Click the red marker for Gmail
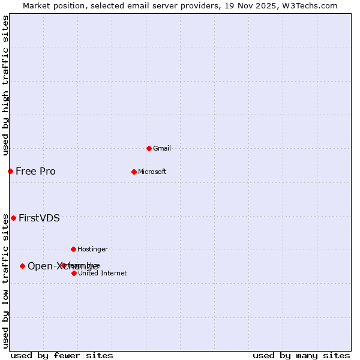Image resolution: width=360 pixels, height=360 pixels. coord(149,148)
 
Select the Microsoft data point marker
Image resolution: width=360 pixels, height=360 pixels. coord(134,172)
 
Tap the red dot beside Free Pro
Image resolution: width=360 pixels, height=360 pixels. coord(10,171)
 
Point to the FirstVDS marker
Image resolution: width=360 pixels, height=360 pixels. coord(13,218)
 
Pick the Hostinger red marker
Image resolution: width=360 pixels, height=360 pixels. coord(73,249)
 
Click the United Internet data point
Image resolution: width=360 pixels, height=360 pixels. coord(74,273)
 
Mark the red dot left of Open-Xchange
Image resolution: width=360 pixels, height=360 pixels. coord(22,266)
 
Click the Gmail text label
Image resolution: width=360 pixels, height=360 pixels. coord(162,148)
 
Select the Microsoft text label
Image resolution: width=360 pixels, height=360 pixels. coord(152,172)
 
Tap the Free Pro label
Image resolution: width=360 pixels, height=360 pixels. coord(35,171)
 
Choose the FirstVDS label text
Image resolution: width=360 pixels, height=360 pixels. coord(39,218)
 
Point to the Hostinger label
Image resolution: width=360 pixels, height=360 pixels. coord(92,249)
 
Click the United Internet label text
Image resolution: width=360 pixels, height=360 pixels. coord(102,273)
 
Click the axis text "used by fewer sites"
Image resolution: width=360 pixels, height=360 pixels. coord(62,355)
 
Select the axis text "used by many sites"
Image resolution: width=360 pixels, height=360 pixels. coord(301,355)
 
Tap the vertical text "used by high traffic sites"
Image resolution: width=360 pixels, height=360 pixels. coord(5,85)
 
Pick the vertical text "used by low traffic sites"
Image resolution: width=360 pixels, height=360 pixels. coord(5,281)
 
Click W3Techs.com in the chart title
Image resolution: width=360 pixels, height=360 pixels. coord(310,5)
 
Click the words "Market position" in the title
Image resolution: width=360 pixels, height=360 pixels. coord(50,5)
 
